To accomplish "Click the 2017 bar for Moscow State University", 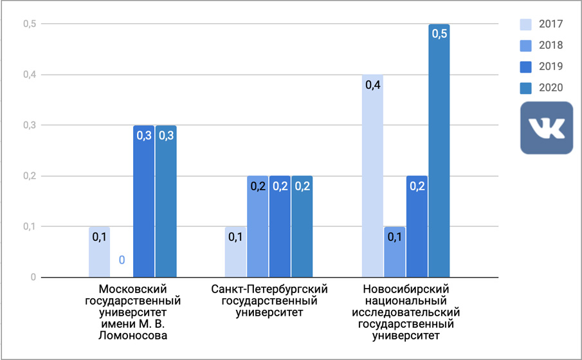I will click(99, 252).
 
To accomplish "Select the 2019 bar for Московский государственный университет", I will click(143, 201).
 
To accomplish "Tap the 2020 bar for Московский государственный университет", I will click(166, 201).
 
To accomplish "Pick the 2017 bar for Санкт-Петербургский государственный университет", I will click(235, 252).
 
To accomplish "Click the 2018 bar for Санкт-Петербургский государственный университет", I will click(257, 226).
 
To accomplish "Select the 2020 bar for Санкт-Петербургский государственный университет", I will click(302, 226).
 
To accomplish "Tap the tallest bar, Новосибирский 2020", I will click(439, 151).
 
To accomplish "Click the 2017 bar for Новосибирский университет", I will click(372, 176).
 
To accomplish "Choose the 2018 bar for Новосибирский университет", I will click(394, 252).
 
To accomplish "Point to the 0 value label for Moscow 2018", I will click(122, 260).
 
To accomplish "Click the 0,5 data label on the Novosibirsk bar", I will click(439, 33).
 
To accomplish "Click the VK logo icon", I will click(546, 127).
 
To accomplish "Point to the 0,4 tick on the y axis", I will click(29, 75).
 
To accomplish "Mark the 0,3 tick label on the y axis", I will click(29, 125).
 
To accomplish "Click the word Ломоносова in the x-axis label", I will click(132, 335).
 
